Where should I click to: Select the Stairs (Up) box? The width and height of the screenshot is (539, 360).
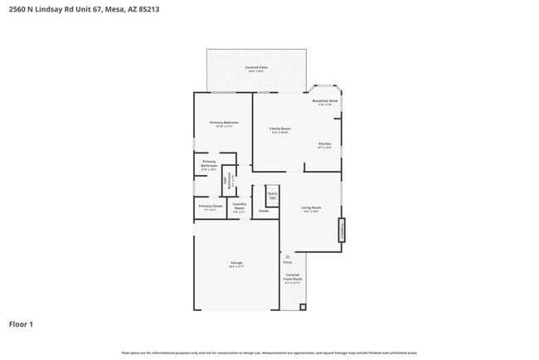point(272,196)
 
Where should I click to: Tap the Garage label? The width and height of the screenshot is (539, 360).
point(236,263)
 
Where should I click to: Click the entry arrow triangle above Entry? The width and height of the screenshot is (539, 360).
point(287,256)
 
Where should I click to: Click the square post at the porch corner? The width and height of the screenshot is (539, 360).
point(303,307)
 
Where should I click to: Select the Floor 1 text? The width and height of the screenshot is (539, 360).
point(21,324)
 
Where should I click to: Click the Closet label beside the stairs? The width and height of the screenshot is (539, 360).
point(264,211)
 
